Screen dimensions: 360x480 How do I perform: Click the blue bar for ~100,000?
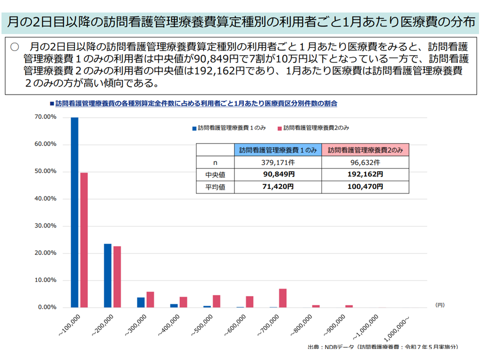[x=74, y=212]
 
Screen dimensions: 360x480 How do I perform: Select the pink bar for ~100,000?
[x=84, y=240]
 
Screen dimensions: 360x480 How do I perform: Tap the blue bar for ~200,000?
[x=107, y=275]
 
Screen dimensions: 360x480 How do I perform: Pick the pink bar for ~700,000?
[x=282, y=298]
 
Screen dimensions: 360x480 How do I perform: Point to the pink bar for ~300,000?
[x=150, y=299]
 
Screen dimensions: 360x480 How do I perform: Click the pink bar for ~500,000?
[x=216, y=301]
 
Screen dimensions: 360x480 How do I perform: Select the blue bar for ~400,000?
[x=173, y=305]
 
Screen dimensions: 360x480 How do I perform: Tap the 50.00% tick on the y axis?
[x=46, y=171]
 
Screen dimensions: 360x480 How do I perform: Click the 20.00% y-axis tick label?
[x=46, y=253]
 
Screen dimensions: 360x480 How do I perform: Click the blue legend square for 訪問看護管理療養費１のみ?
[x=194, y=128]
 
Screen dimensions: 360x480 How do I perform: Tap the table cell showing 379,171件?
[x=277, y=162]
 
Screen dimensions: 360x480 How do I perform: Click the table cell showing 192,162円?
[x=365, y=174]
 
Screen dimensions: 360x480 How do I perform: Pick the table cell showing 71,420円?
[x=277, y=186]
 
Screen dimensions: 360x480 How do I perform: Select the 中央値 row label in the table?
[x=215, y=174]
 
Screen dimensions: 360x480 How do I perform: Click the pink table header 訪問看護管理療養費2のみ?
[x=365, y=150]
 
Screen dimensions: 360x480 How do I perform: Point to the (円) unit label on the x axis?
[x=439, y=304]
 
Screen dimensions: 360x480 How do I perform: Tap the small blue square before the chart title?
[x=51, y=103]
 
